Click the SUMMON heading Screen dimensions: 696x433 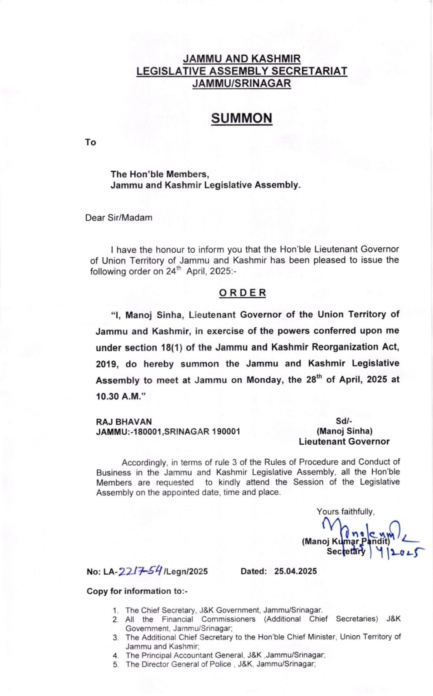(241, 118)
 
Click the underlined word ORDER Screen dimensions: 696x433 (242, 293)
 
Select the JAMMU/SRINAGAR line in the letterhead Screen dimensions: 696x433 (241, 83)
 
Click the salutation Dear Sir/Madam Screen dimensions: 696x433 (118, 218)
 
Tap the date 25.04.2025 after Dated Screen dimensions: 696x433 (295, 571)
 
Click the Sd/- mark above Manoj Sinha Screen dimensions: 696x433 (344, 421)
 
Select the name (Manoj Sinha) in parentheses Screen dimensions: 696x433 (344, 431)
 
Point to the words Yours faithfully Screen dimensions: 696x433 (345, 511)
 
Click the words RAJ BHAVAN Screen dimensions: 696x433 (124, 422)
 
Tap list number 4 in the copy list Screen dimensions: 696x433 (115, 656)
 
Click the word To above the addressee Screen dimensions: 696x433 (90, 142)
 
